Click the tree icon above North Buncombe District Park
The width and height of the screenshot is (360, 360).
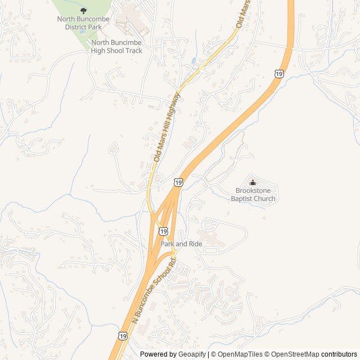(x=84, y=10)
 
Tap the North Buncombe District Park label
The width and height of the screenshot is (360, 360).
(x=84, y=22)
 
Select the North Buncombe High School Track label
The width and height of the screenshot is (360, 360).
(x=116, y=46)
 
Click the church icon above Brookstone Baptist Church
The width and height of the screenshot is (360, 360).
(x=253, y=182)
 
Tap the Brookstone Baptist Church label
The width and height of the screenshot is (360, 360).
(x=253, y=195)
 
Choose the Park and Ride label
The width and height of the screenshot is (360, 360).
(x=181, y=244)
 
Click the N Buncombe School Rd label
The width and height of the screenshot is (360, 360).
(x=155, y=290)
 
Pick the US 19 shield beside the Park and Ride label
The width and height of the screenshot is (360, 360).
(x=163, y=231)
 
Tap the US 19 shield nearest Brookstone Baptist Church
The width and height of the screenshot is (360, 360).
(x=178, y=182)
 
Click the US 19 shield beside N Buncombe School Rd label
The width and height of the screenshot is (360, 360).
(x=123, y=335)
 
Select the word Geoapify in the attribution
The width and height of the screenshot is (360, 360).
(x=193, y=354)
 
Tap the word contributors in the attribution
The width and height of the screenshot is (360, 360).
(x=339, y=354)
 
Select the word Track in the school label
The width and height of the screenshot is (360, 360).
(x=133, y=50)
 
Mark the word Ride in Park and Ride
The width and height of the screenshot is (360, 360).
(x=195, y=244)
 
